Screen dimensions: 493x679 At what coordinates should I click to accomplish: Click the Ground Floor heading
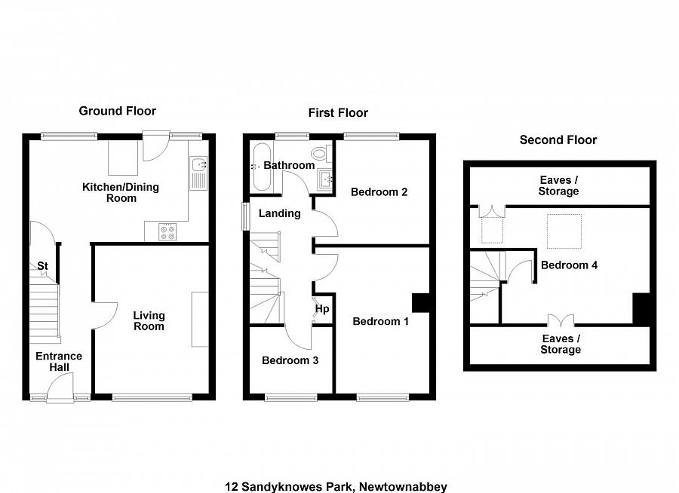click(118, 111)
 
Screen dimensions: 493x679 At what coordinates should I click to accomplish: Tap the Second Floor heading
click(558, 139)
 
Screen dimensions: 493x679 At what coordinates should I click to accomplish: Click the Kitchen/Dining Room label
click(121, 192)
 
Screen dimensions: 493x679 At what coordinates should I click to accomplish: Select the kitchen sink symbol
click(198, 173)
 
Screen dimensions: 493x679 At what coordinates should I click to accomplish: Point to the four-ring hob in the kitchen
click(167, 232)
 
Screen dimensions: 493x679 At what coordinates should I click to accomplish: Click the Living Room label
click(149, 321)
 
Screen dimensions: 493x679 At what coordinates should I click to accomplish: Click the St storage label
click(43, 266)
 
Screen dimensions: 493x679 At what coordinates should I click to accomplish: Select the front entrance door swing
click(59, 389)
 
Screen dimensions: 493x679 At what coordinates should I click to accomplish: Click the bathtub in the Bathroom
click(258, 166)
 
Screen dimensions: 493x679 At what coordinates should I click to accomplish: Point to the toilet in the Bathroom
click(321, 155)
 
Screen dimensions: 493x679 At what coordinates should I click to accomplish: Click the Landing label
click(279, 213)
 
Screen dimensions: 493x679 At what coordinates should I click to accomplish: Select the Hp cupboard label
click(322, 309)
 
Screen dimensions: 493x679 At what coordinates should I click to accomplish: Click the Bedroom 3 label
click(290, 360)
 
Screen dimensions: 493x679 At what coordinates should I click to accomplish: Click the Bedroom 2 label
click(379, 192)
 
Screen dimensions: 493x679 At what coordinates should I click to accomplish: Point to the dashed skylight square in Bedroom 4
click(564, 231)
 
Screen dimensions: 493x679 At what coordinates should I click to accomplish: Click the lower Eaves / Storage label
click(561, 344)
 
